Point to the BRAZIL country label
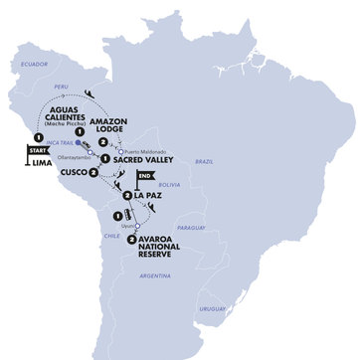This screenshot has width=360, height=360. pos(203,160)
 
